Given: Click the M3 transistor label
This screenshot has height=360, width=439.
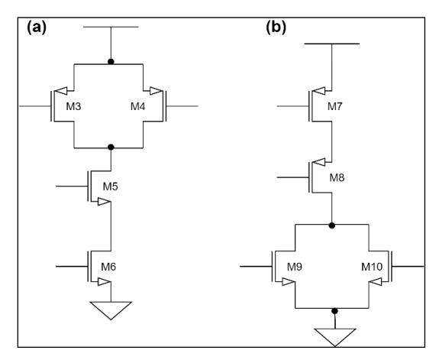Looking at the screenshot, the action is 73,106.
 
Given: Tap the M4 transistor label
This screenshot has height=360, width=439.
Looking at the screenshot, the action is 138,106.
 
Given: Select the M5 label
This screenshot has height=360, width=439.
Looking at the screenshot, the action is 110,186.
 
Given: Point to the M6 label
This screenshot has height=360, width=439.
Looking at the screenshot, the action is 108,267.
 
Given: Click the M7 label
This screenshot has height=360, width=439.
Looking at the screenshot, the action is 335,106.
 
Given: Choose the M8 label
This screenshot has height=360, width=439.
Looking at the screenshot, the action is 337,177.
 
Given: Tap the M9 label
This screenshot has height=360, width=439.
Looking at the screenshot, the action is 295,267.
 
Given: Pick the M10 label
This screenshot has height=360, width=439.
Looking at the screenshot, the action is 372,267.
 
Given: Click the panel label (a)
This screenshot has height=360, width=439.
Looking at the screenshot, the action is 37,28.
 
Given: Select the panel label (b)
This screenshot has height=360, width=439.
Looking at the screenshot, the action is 276,28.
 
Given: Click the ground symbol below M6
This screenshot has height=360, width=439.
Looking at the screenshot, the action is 111,310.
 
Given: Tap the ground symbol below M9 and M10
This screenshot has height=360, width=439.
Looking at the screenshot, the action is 335,337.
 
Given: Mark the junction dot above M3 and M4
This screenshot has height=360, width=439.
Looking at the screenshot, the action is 111,61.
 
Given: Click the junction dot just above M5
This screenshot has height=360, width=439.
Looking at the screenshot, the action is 111,147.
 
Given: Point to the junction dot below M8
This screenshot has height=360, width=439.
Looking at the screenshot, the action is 332,225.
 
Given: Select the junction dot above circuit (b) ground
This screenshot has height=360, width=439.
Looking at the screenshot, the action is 334,311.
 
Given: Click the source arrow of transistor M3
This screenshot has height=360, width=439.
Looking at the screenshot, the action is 61,91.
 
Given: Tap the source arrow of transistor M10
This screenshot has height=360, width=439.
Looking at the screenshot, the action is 375,282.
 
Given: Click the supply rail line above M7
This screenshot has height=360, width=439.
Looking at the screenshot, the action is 332,44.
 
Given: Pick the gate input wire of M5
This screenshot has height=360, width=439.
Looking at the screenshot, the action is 72,186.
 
